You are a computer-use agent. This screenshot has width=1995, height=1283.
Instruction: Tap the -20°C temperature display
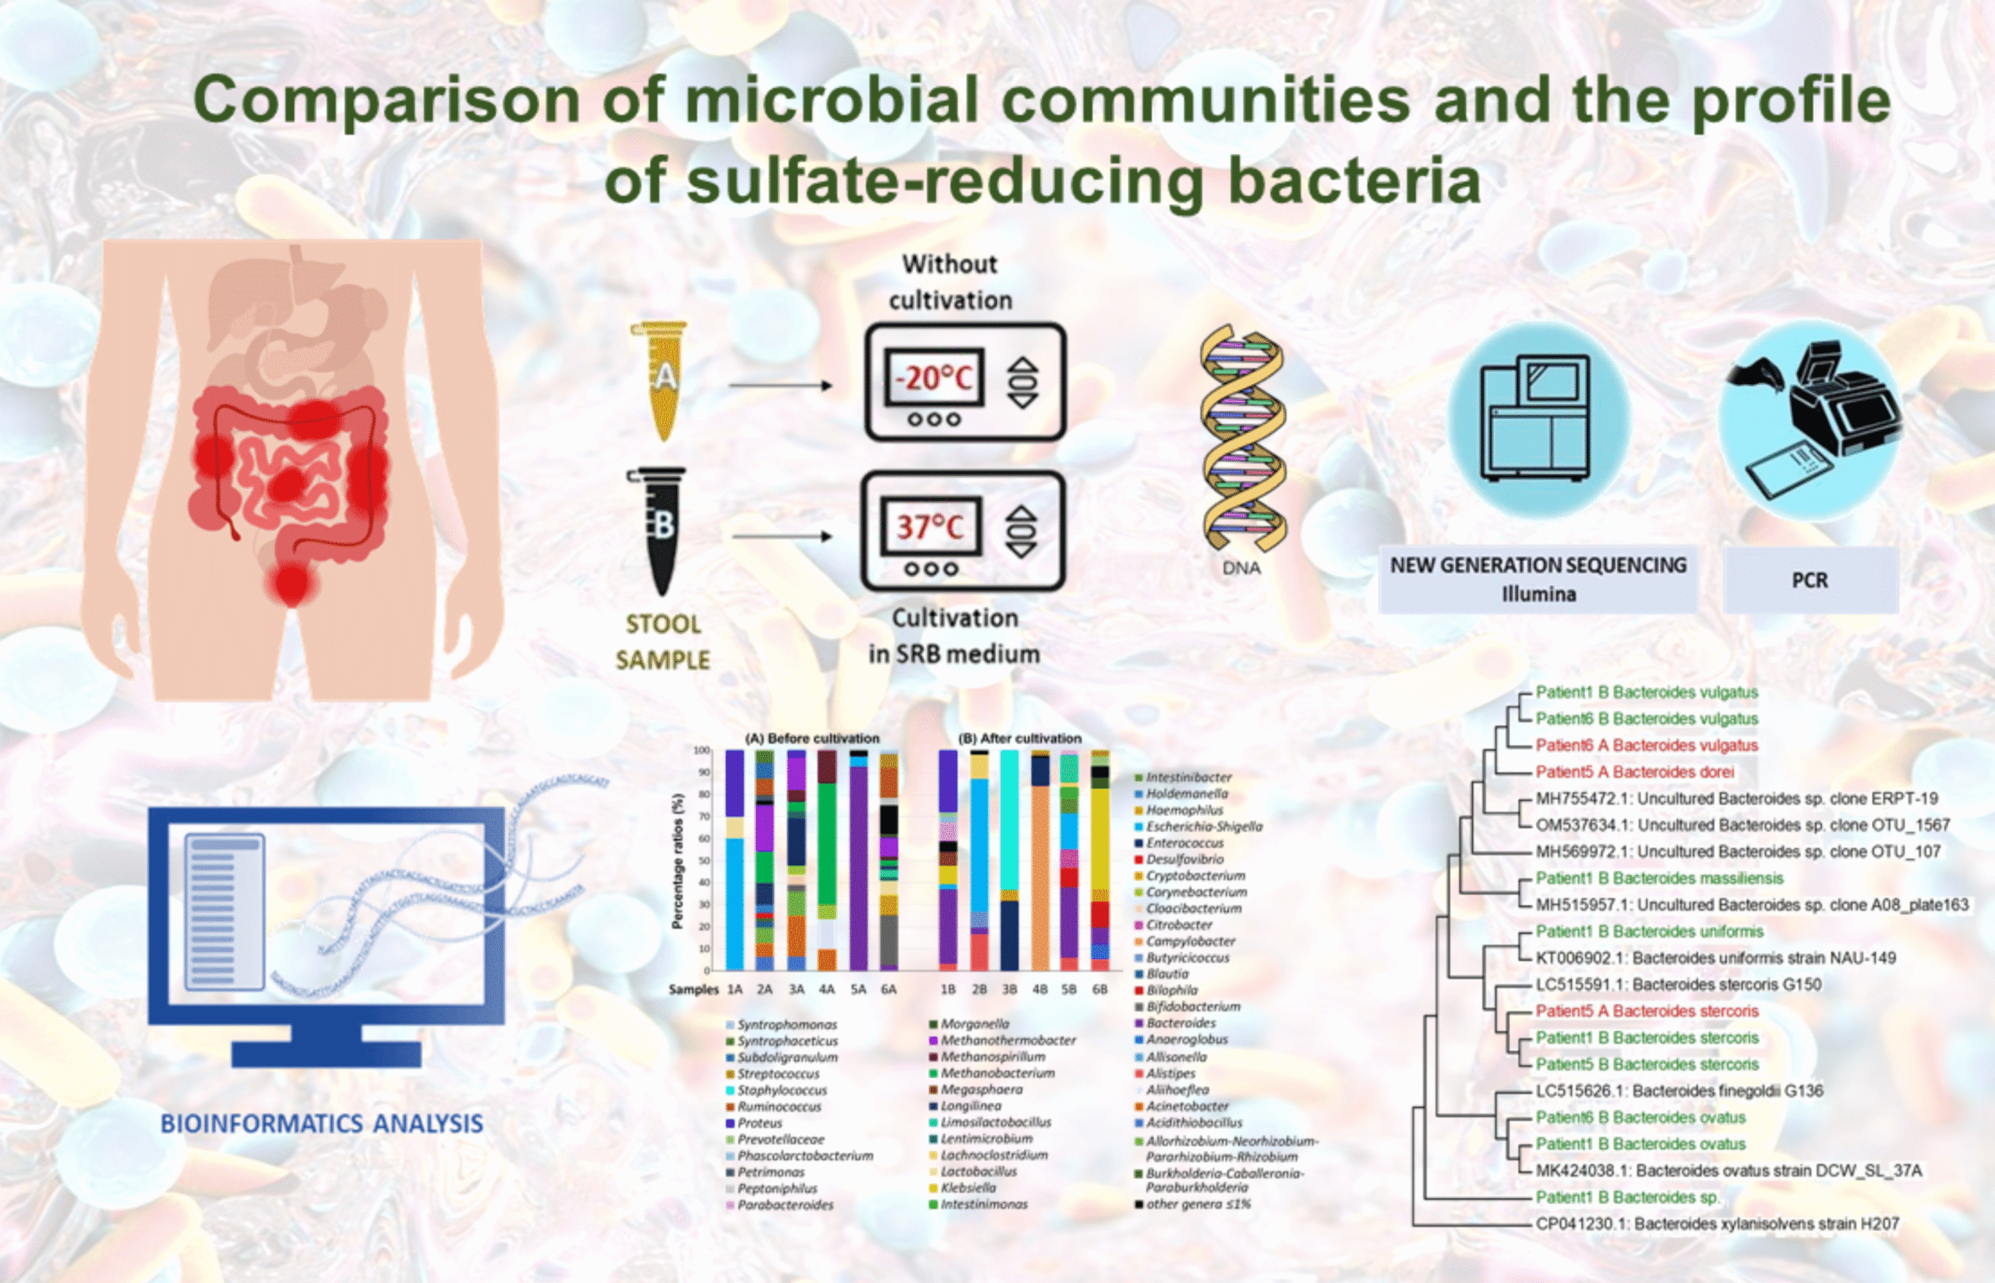[x=934, y=379]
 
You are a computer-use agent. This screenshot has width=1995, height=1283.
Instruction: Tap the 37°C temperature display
[x=930, y=527]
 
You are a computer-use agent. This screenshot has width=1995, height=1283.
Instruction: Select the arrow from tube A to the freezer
[x=780, y=385]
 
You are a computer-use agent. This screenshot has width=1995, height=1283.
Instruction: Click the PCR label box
[x=1810, y=580]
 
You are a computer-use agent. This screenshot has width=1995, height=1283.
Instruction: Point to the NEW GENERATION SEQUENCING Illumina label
[x=1538, y=579]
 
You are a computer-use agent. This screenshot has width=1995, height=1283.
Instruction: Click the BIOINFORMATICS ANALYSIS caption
[x=322, y=1124]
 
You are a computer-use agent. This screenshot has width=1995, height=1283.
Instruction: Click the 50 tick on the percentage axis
[x=704, y=861]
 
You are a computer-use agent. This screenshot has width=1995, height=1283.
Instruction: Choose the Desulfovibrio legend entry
[x=1185, y=859]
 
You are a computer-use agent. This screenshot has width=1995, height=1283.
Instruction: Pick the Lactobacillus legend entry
[x=978, y=1172]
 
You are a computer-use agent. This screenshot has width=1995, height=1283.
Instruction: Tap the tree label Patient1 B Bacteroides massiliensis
[x=1658, y=878]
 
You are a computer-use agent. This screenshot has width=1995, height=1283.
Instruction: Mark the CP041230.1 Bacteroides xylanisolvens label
[x=1717, y=1224]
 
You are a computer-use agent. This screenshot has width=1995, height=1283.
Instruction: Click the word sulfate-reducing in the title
[x=947, y=181]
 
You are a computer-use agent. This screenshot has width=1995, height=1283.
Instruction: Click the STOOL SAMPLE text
[x=662, y=642]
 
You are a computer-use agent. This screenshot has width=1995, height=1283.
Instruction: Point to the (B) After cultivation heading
[x=1019, y=738]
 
